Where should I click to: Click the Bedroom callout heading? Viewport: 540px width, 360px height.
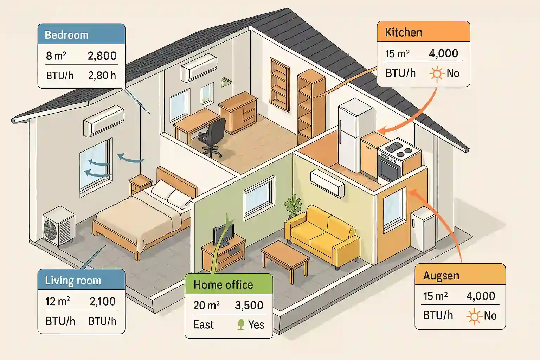tap(66, 35)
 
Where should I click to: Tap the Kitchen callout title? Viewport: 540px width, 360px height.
tap(404, 32)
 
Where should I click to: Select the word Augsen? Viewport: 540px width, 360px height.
tap(441, 276)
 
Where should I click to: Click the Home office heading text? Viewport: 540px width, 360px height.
tap(223, 285)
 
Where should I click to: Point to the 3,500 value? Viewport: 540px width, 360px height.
tap(249, 306)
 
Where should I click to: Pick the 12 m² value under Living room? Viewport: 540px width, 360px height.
tap(57, 302)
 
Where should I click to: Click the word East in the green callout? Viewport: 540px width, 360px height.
tap(204, 325)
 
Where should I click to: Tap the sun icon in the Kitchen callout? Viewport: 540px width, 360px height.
tap(437, 73)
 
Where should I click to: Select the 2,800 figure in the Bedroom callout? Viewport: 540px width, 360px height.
tap(102, 56)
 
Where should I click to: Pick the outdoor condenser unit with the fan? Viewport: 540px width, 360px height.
tap(58, 225)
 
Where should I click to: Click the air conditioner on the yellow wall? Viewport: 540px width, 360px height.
tap(327, 183)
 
